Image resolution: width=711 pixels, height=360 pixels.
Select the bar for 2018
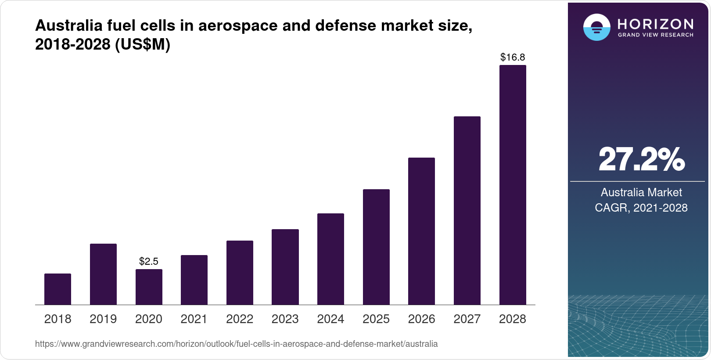(x=57, y=289)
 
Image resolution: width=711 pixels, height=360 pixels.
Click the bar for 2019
(x=103, y=274)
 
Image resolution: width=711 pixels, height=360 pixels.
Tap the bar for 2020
(x=149, y=287)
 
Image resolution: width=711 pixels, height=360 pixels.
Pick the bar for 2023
(x=285, y=266)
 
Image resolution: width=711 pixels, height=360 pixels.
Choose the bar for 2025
(x=376, y=247)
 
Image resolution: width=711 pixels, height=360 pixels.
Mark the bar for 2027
(x=467, y=210)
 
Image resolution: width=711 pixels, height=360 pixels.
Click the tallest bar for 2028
(x=513, y=185)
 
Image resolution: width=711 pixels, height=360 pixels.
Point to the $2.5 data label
(x=149, y=261)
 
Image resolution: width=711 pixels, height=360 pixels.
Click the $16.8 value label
(x=513, y=57)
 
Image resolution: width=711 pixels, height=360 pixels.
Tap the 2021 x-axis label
(x=194, y=319)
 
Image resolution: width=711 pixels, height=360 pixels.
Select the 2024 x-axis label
(x=330, y=319)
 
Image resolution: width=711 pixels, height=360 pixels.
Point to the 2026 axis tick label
(x=421, y=319)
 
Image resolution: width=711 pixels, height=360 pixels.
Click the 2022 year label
(x=240, y=319)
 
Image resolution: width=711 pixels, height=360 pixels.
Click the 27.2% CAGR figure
(x=641, y=160)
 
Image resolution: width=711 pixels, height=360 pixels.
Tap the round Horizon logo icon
(x=596, y=27)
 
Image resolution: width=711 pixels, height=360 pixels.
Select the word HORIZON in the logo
(x=655, y=24)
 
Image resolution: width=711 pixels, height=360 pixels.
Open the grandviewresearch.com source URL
(x=236, y=344)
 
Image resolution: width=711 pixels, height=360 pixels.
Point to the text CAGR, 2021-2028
(x=641, y=208)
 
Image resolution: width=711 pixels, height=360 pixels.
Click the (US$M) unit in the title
(x=142, y=44)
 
